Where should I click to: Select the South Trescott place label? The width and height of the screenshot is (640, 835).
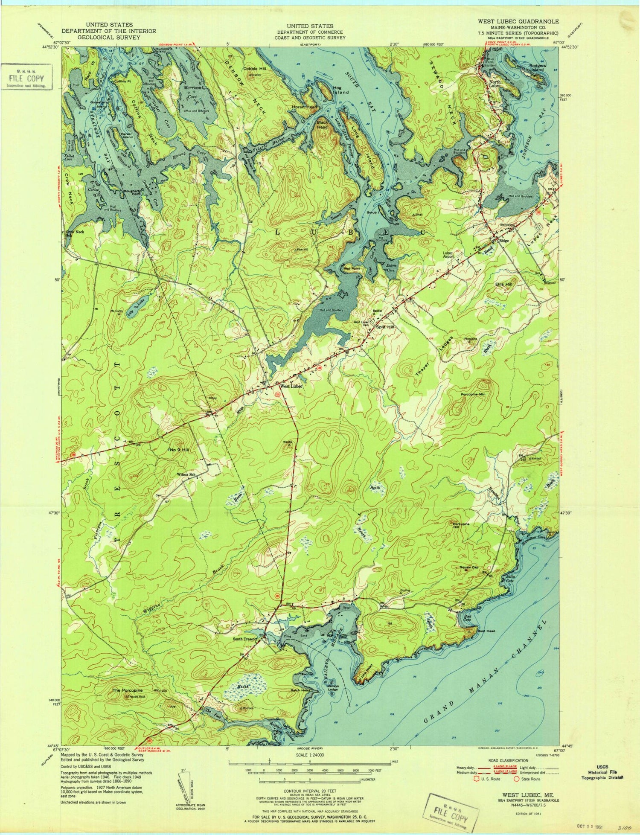coord(245,639)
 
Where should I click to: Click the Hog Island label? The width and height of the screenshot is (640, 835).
coord(341,90)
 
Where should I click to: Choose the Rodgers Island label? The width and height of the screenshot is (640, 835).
coord(537,67)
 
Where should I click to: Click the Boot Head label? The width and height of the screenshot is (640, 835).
coord(486,631)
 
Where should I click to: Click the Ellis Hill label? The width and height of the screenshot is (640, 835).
coord(503,284)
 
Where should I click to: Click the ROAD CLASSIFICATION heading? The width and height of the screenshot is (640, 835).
coord(508,760)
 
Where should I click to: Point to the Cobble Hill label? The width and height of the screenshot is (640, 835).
coord(254,69)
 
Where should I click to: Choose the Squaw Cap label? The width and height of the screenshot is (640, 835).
coord(469,567)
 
